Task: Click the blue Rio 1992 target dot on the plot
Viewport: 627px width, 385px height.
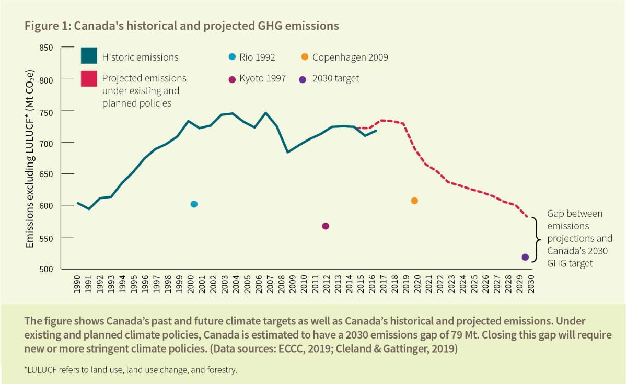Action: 194,204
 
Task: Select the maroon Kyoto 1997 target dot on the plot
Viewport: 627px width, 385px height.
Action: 326,226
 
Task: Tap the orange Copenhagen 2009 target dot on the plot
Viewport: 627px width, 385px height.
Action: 414,201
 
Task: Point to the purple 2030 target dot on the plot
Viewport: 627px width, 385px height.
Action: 525,257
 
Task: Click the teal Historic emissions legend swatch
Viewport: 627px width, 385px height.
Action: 89,56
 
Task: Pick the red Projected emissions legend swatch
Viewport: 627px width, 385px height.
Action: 89,79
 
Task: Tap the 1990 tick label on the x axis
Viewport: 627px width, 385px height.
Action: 77,284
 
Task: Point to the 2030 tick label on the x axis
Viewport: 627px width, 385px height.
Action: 531,284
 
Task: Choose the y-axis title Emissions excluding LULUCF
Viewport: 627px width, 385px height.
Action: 30,158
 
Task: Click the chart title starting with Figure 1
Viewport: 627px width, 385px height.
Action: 182,26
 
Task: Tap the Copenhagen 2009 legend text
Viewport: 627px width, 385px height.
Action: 350,57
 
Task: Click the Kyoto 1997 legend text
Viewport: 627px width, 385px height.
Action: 262,79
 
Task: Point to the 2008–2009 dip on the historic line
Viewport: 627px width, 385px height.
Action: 287,152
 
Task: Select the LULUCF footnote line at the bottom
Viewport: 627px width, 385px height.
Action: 131,370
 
